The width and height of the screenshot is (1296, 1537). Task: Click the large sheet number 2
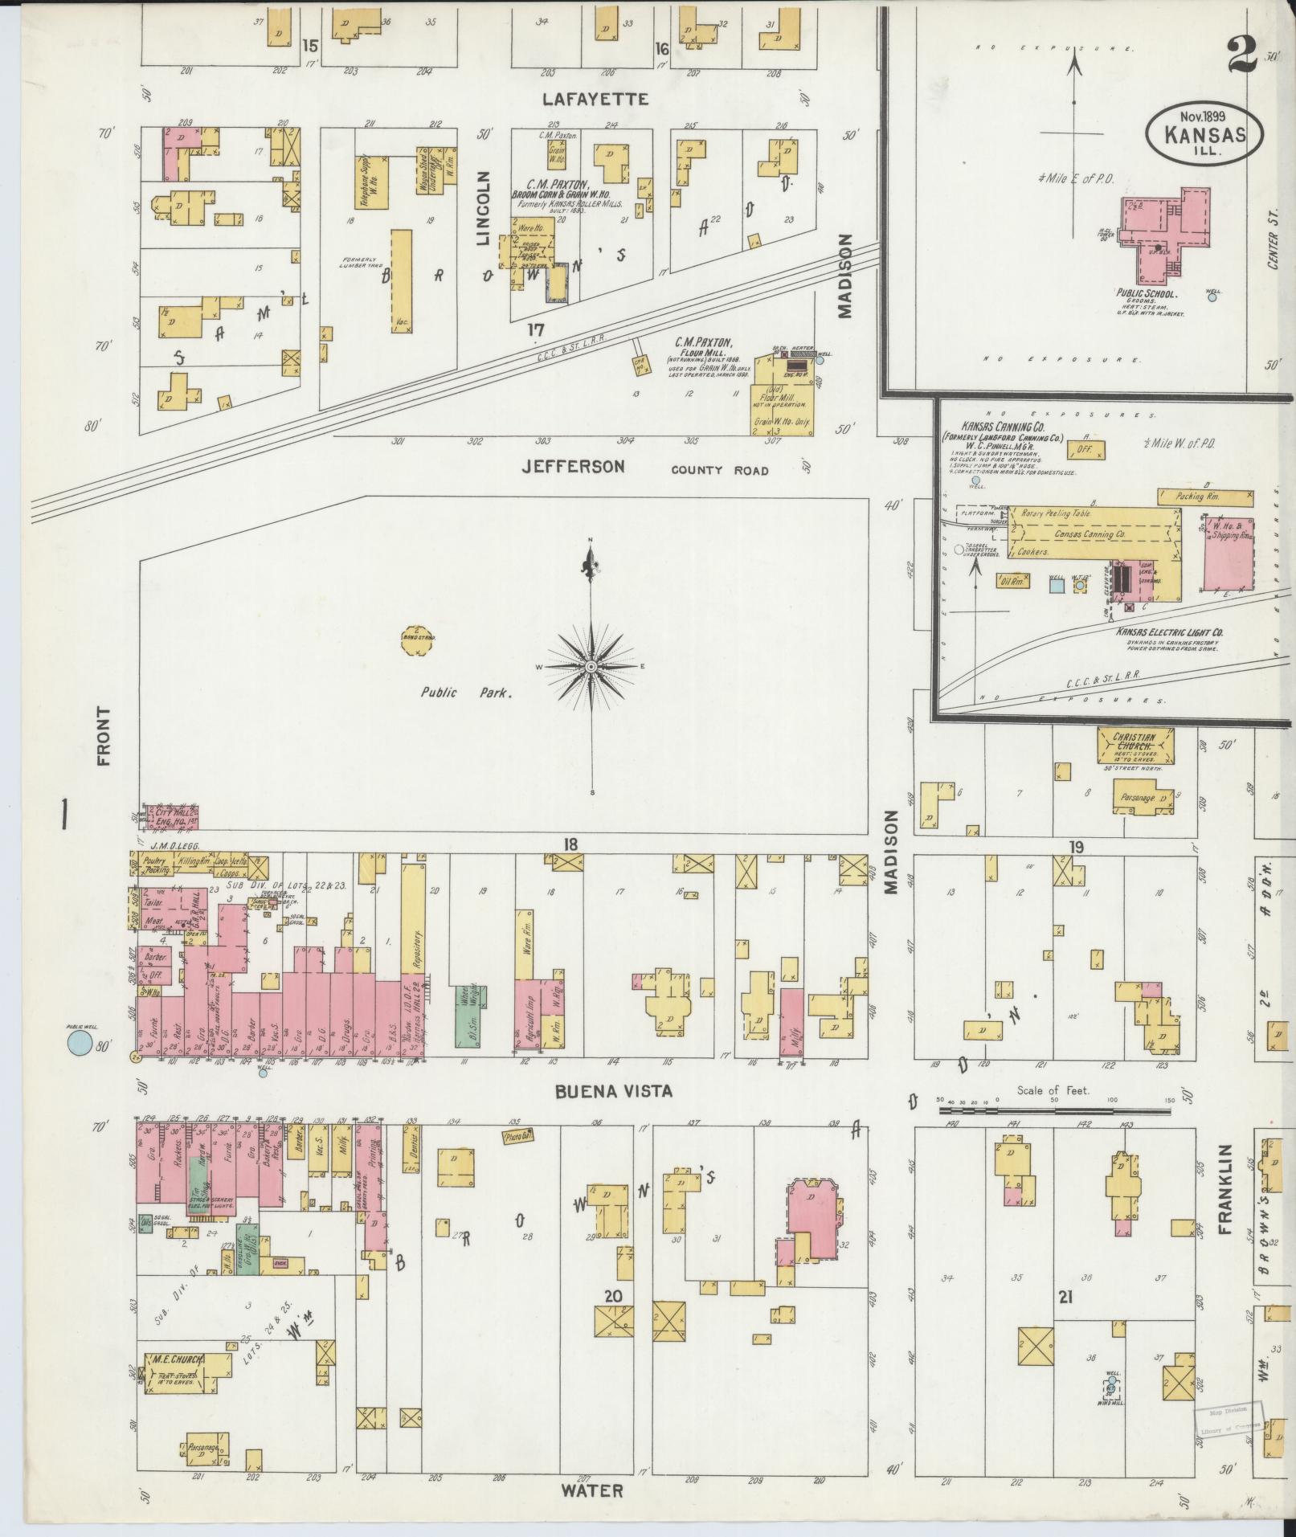[x=1241, y=56]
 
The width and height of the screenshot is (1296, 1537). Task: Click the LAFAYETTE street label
[x=595, y=100]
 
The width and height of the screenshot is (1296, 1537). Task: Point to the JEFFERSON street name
[x=572, y=466]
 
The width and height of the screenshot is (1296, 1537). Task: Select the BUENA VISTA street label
[x=612, y=1091]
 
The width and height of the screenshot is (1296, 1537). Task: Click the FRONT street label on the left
[x=103, y=736]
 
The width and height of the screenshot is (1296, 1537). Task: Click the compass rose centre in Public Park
[x=592, y=668]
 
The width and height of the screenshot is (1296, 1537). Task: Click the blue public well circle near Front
[x=79, y=1044]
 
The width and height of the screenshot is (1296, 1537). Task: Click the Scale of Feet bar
[x=1055, y=1112]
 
